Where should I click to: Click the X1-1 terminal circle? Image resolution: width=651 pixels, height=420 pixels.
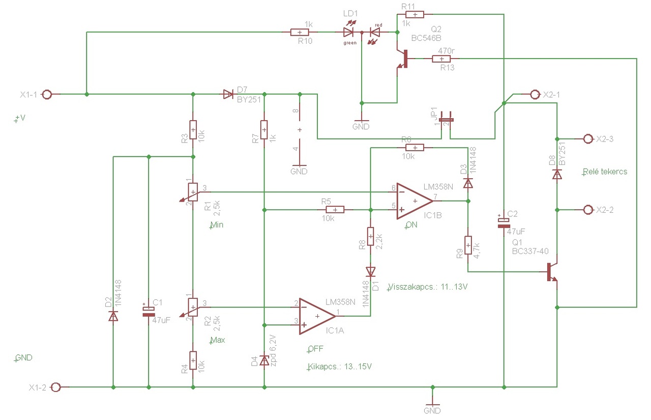click(47, 95)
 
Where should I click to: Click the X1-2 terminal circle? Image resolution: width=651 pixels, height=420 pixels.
click(55, 387)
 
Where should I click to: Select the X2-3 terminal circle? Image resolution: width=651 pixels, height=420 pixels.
click(588, 139)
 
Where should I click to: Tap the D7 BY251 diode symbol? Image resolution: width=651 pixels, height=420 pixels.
click(228, 94)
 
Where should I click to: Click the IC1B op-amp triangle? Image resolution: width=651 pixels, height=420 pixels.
click(415, 201)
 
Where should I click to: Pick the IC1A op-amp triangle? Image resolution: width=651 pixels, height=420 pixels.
click(317, 316)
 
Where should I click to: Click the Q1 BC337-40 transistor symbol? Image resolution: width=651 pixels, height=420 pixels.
click(552, 272)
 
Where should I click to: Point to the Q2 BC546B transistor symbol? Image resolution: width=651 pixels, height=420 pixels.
click(402, 59)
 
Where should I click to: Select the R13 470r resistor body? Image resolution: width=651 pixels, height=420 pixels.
click(441, 59)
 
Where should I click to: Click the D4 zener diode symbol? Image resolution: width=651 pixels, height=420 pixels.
click(264, 360)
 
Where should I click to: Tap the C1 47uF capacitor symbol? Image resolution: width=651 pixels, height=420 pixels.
click(149, 312)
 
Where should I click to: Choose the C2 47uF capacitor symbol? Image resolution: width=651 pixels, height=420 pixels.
click(504, 222)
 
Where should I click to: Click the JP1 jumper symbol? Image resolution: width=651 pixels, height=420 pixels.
click(446, 120)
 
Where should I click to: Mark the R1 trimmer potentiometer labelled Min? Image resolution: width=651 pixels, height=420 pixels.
click(193, 192)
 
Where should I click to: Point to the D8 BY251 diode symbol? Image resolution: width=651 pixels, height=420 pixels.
click(557, 175)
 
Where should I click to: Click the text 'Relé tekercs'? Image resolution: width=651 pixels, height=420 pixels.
click(605, 172)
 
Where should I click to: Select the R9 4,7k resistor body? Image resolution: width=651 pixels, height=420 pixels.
click(468, 245)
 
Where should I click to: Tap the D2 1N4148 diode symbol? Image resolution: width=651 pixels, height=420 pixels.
click(113, 316)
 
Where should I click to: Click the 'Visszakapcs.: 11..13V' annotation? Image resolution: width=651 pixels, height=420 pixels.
click(428, 287)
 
